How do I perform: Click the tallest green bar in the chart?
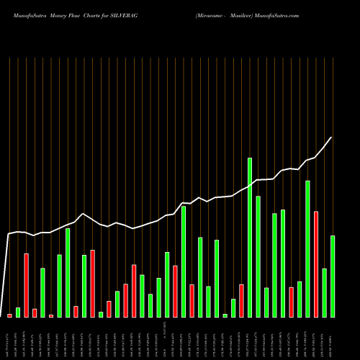(x=250, y=238)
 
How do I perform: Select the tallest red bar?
(x=316, y=264)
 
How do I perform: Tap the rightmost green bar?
(x=333, y=276)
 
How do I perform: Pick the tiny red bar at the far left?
(x=10, y=315)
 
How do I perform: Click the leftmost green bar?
(x=18, y=312)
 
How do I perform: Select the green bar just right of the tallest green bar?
(x=258, y=256)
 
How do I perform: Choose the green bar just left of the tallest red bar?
(x=307, y=249)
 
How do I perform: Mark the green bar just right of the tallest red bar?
(x=324, y=292)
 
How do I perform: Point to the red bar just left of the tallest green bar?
(x=241, y=301)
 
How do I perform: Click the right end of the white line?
(x=332, y=138)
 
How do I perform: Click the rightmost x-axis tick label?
(x=333, y=339)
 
